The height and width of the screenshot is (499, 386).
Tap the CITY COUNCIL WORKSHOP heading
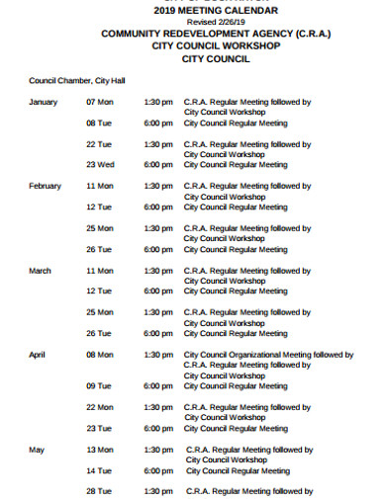[216, 45]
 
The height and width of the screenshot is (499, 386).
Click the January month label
[44, 102]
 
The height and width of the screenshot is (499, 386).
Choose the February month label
[46, 186]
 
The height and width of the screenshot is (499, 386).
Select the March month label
[41, 270]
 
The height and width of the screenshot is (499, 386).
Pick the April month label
[38, 354]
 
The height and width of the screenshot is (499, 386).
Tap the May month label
[37, 450]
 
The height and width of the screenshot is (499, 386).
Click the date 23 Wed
[100, 165]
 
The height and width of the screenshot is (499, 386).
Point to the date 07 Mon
[100, 102]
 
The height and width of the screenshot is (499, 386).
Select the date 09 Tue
[99, 385]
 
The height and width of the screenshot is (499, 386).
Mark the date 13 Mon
[100, 450]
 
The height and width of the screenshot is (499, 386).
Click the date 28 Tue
[98, 491]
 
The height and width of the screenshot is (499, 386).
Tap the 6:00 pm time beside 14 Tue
[158, 470]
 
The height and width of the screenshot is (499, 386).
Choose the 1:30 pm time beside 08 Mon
[158, 354]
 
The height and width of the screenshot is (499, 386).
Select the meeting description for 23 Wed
[237, 165]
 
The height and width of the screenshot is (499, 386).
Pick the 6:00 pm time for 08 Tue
[158, 124]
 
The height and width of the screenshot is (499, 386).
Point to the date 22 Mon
[100, 407]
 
